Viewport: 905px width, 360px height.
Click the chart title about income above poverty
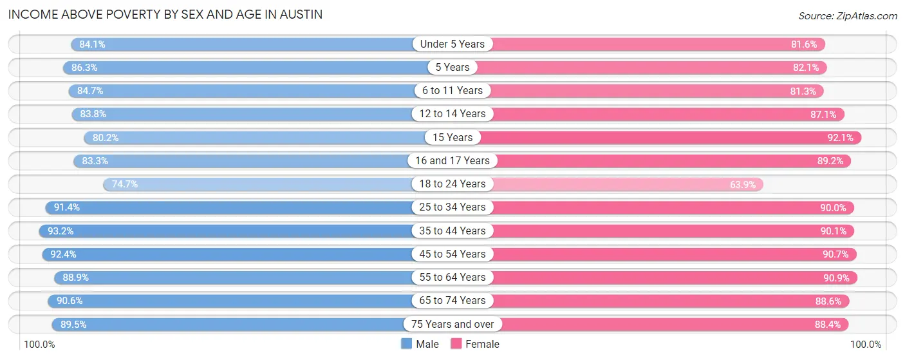click(165, 14)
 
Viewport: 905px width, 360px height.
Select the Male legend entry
click(420, 344)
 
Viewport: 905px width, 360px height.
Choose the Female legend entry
click(475, 344)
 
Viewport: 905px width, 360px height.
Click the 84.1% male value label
click(92, 44)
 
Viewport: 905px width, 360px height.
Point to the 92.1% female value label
click(839, 137)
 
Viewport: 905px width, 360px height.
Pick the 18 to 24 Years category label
click(452, 184)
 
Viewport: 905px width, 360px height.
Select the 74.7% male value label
click(125, 184)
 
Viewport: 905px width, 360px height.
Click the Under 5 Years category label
click(452, 44)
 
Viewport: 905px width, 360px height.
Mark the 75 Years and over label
click(452, 324)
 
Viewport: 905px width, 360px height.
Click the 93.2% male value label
click(60, 231)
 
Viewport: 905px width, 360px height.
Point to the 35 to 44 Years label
click(452, 231)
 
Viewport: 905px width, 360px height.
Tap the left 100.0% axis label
click(39, 345)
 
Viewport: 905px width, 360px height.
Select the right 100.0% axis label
click(865, 345)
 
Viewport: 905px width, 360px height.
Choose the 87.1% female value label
click(822, 114)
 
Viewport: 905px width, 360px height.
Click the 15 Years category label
click(452, 137)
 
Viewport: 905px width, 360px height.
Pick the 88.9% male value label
click(75, 278)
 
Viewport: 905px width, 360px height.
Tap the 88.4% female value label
click(827, 324)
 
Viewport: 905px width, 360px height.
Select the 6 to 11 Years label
click(452, 91)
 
